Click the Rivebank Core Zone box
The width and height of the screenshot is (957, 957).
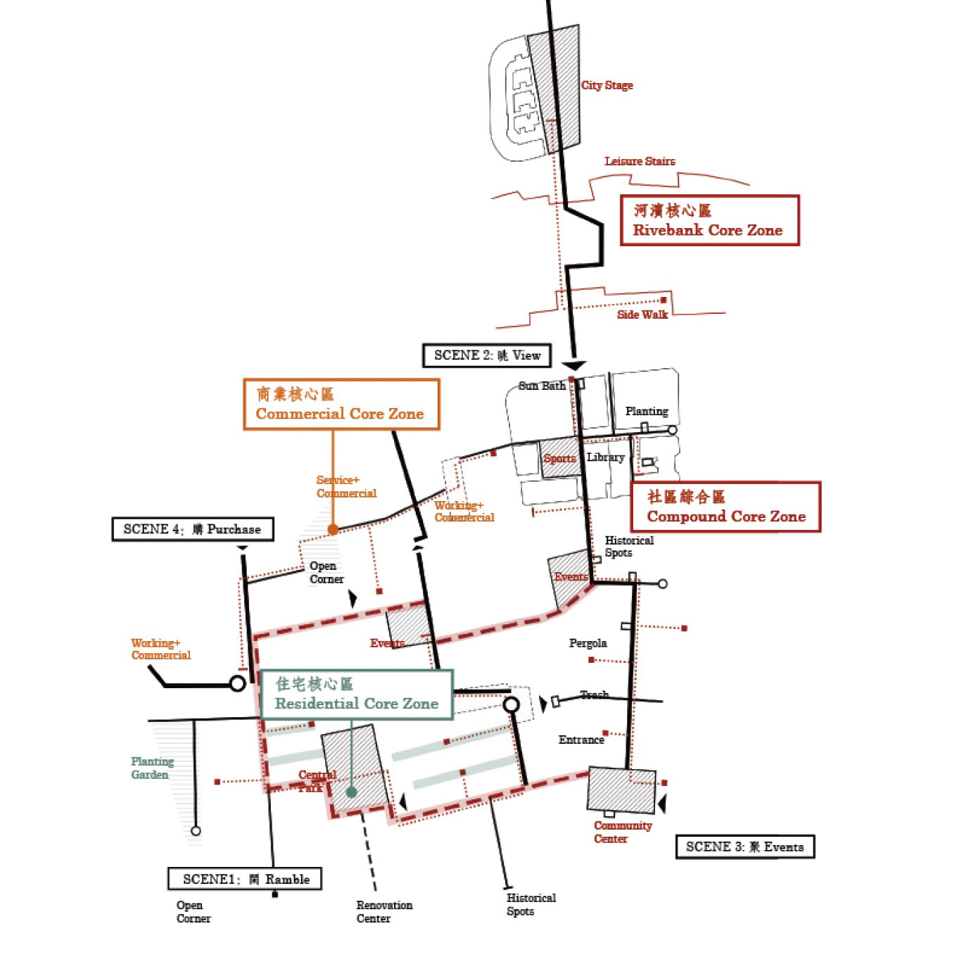tap(709, 220)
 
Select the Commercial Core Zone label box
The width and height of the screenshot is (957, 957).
tap(341, 404)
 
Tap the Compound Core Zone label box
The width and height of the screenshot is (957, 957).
tap(725, 507)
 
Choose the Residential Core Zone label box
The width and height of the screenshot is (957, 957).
tap(356, 695)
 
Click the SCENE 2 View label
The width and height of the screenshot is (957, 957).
tap(487, 355)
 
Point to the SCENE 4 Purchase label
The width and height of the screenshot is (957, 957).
tap(192, 529)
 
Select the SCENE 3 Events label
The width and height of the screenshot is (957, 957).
tap(744, 847)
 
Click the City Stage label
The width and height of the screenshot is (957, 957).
tap(607, 85)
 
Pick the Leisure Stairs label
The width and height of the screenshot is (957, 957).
tap(640, 161)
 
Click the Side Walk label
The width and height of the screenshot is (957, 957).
tap(642, 315)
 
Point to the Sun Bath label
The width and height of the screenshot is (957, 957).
tap(542, 386)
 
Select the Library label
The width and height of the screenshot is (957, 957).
tap(605, 457)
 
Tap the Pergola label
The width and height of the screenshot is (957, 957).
tap(588, 643)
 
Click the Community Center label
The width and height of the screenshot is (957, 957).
tap(622, 832)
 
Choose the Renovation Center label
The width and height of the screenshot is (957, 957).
tap(384, 911)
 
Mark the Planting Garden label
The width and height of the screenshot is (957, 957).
tap(151, 768)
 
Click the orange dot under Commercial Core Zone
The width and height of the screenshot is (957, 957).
tap(333, 529)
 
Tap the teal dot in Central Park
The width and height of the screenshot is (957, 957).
tap(351, 792)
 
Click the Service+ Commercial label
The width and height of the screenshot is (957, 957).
tap(346, 487)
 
